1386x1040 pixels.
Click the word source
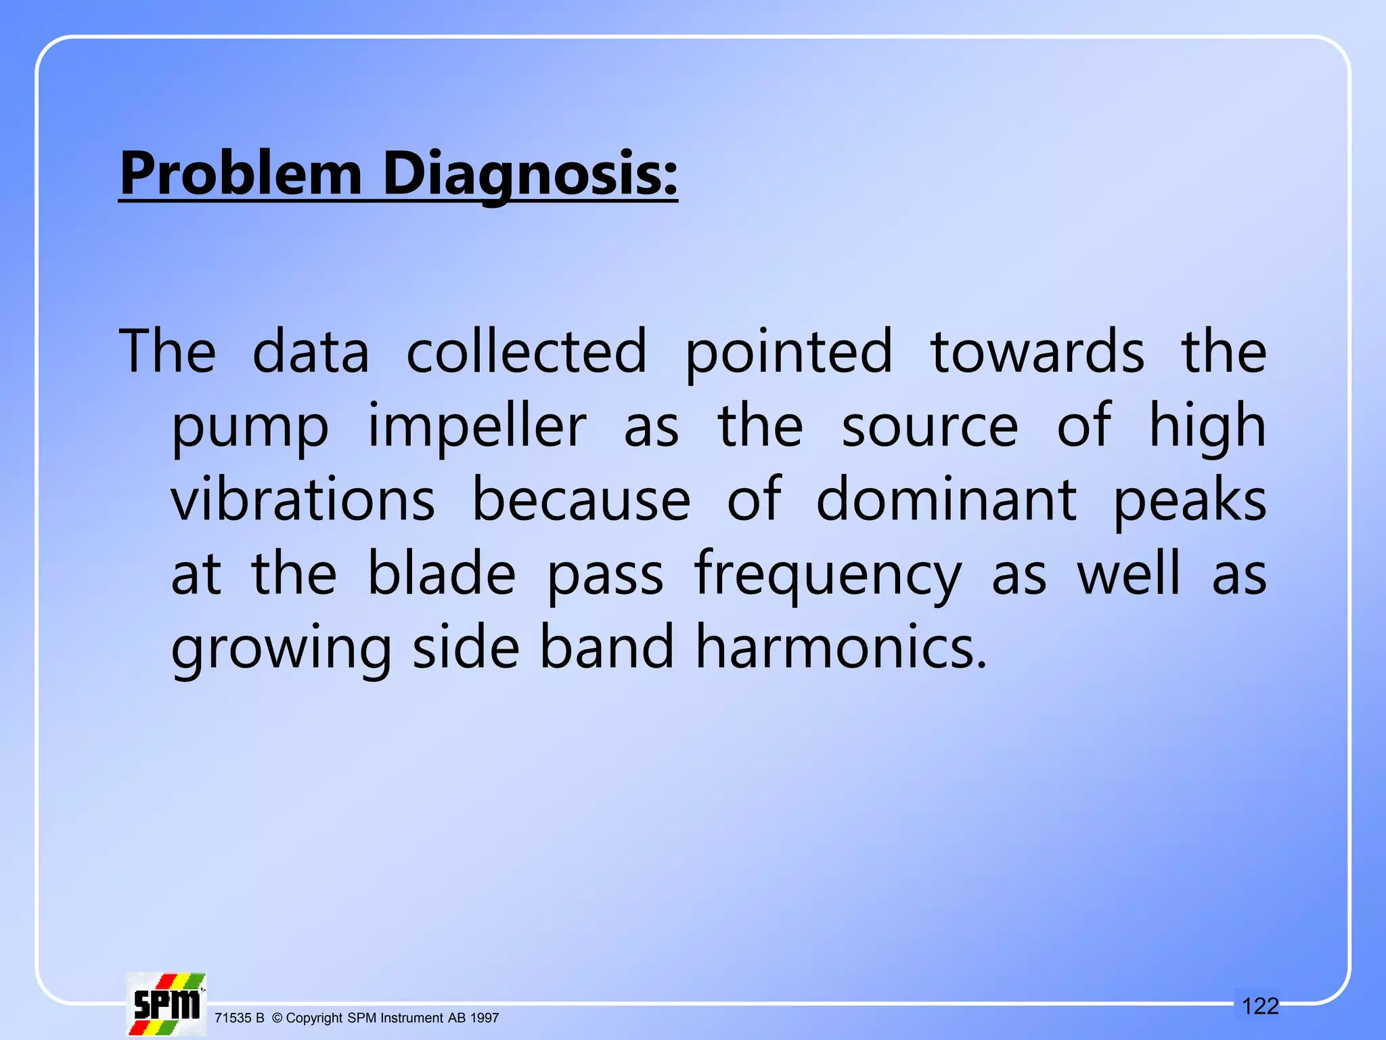point(929,428)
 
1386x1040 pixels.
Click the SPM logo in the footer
point(166,1004)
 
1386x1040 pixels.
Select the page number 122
point(1260,1006)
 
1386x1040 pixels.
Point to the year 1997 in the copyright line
point(485,1018)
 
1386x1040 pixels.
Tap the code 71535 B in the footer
point(239,1018)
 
